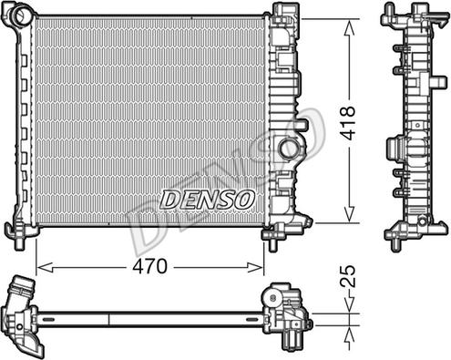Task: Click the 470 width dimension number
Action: coord(150,266)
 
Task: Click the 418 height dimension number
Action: coord(347,123)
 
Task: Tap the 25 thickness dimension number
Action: coord(348,276)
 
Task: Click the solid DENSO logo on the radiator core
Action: coord(207,200)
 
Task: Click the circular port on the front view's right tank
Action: coord(289,148)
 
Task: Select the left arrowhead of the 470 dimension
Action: coord(45,268)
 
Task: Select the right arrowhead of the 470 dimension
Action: coord(255,268)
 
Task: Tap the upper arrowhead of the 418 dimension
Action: coord(350,27)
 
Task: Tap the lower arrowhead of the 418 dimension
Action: coord(350,214)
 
